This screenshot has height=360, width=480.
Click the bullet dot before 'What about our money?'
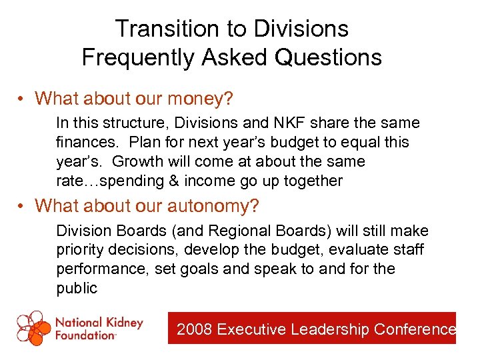tap(23, 100)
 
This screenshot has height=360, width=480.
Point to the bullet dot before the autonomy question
tap(23, 207)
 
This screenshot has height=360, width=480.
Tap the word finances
tap(89, 142)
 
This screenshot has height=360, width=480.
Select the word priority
tap(79, 250)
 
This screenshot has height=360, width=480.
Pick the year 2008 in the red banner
tap(193, 329)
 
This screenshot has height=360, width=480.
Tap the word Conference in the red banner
tap(415, 329)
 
